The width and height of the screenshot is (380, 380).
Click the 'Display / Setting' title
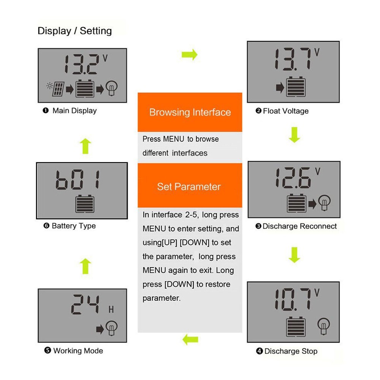(74, 31)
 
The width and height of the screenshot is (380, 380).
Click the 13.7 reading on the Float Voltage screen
(292, 60)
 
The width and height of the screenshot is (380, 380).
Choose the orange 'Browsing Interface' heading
(190, 112)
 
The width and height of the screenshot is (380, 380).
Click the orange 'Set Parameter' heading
(189, 187)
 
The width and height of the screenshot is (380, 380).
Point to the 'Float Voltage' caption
(285, 111)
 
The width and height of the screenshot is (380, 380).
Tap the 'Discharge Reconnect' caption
(299, 226)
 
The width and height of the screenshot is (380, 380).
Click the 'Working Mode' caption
(78, 350)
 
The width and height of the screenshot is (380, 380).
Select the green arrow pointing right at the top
(190, 54)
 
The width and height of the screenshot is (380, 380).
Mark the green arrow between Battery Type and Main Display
(86, 146)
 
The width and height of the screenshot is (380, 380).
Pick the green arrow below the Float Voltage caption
(294, 135)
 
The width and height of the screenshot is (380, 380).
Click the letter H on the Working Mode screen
(111, 310)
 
